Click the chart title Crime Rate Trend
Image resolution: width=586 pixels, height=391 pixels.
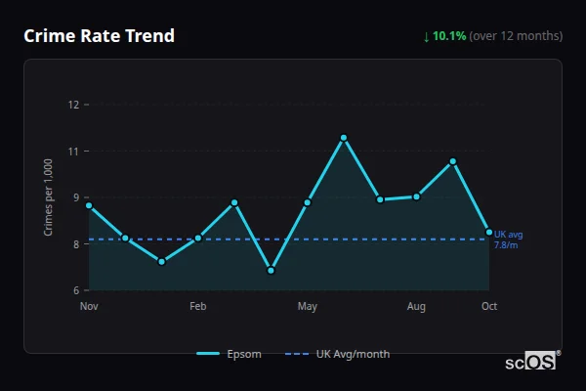pos(100,36)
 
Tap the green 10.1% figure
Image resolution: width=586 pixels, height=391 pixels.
pos(449,36)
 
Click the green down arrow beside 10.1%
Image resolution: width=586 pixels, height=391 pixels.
pos(427,36)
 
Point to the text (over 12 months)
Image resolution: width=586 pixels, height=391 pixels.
pos(516,36)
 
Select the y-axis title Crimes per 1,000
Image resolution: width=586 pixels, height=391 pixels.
pos(49,197)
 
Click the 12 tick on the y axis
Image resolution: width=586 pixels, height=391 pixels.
pos(72,105)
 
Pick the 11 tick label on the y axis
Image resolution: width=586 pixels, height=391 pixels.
pos(72,152)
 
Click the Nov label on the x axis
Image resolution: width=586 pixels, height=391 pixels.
pos(89,307)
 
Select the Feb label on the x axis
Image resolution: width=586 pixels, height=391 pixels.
pos(198,307)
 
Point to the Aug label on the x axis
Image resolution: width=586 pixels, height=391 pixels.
pos(416,307)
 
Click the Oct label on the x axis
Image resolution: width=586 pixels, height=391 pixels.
pos(489,307)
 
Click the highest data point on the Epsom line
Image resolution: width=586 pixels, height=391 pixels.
pos(344,138)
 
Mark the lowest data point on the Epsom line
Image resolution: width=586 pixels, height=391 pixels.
pos(271,271)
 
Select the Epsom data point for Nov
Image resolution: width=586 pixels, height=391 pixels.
pos(89,205)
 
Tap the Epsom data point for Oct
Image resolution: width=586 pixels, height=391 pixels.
pos(489,232)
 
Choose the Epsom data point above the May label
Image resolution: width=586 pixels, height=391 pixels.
pos(307,202)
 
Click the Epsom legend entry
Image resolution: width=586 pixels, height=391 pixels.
pos(230,354)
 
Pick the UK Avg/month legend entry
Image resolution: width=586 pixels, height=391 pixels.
pos(339,354)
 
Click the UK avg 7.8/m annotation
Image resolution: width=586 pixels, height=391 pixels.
pos(508,239)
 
